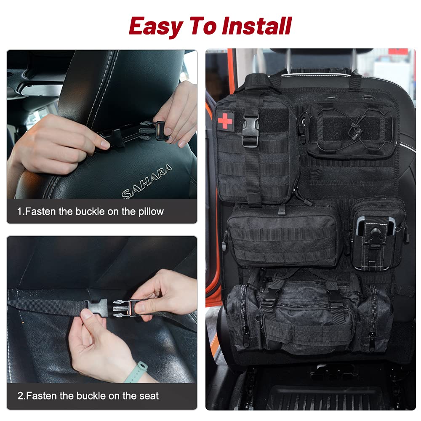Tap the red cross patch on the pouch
point(225,119)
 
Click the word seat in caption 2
point(150,396)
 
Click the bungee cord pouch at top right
point(350,128)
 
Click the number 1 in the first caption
point(20,211)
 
